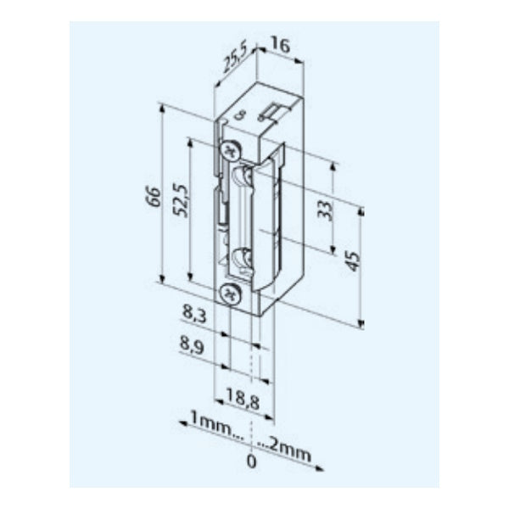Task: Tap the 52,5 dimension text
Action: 181,200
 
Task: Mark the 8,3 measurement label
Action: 194,314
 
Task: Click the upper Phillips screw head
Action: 229,152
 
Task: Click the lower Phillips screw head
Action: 229,294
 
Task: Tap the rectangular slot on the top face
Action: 272,111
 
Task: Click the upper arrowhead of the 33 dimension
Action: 333,165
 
